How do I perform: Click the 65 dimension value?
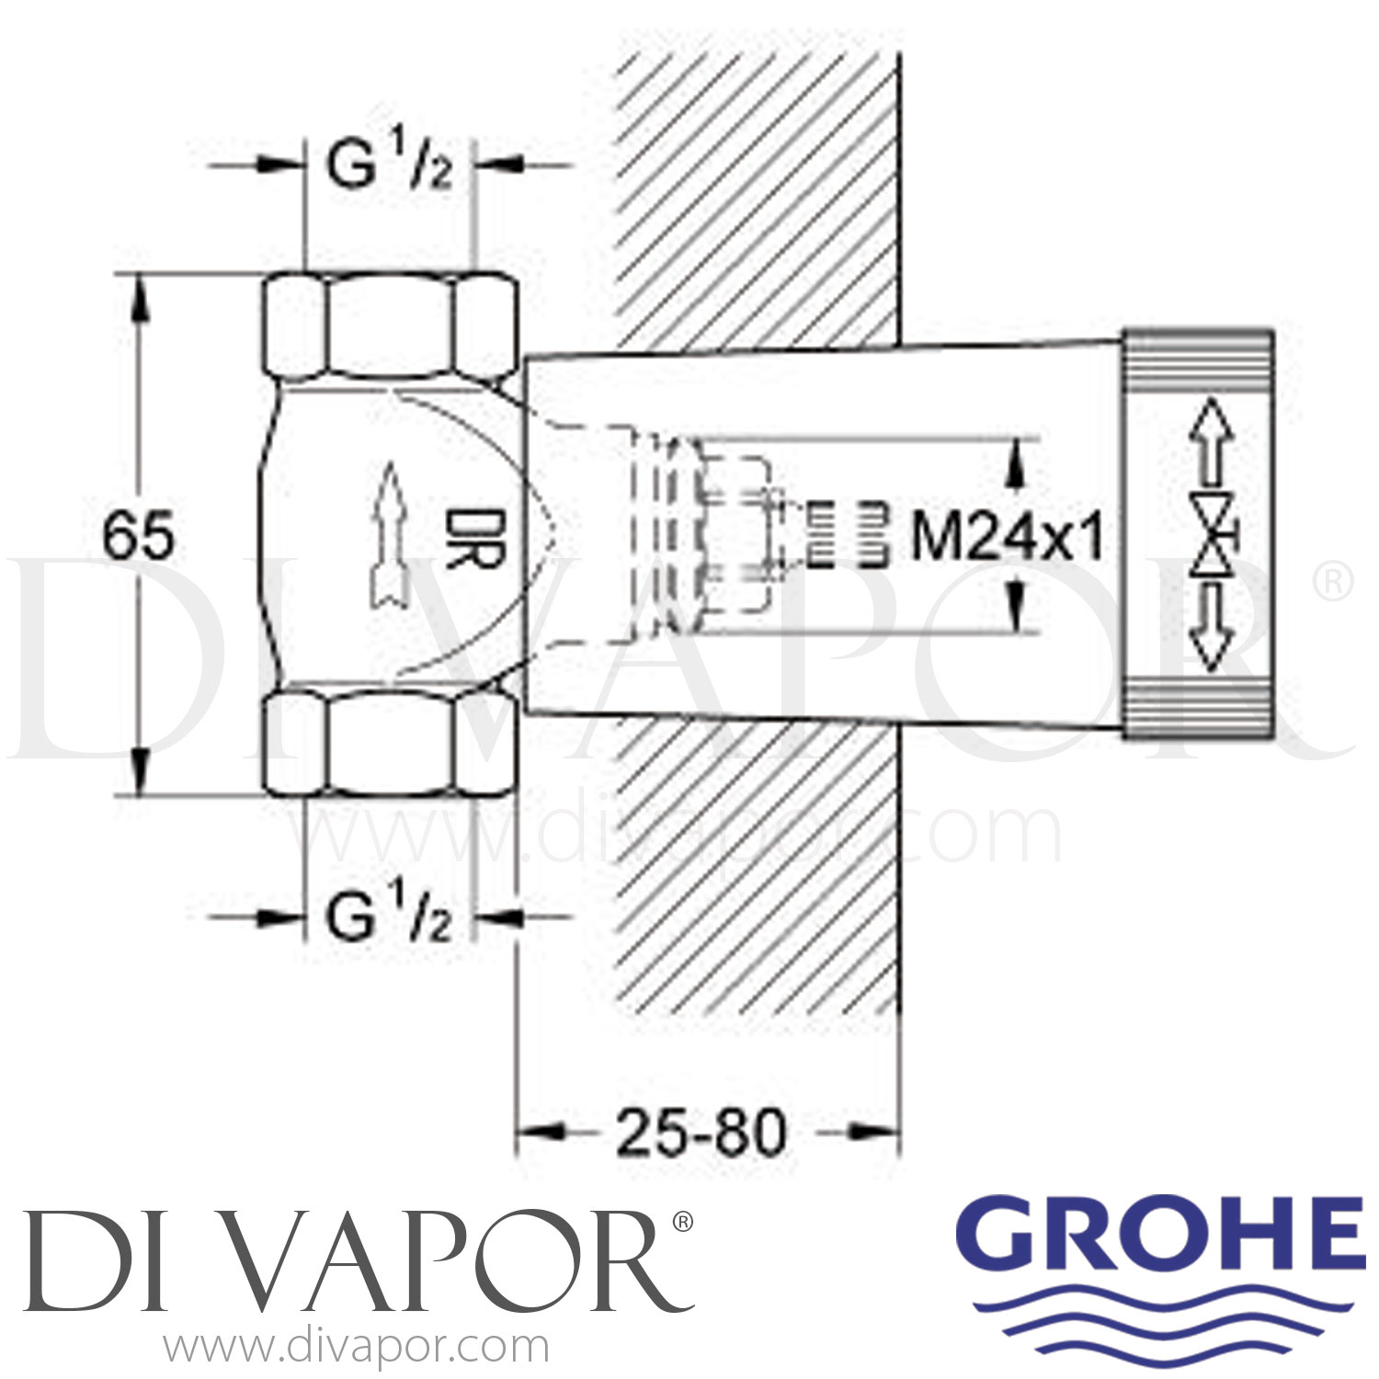tap(138, 537)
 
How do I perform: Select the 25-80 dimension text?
tap(701, 1133)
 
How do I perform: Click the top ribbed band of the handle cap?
tap(1197, 368)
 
